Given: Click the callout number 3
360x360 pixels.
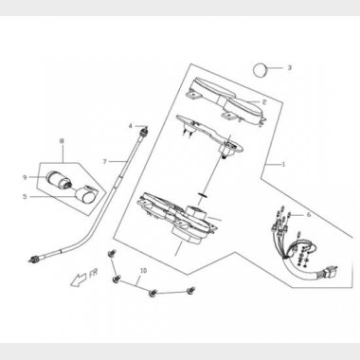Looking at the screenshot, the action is point(290,68).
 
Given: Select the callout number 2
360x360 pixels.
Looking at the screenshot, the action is point(264,101).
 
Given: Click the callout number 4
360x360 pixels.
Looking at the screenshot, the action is point(133,126).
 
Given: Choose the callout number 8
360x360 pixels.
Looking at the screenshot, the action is point(63,141).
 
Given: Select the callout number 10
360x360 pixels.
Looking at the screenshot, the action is point(144,271).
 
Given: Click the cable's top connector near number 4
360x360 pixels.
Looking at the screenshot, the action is point(141,128).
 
